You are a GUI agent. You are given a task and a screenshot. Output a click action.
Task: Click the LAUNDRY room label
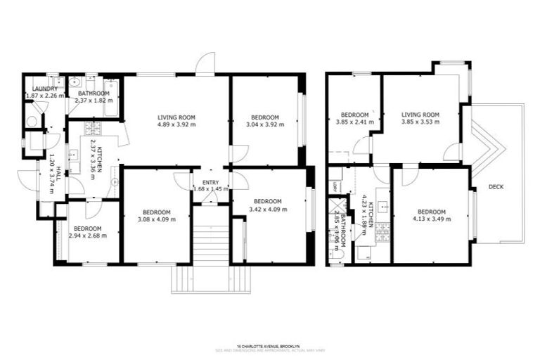[x=40, y=89]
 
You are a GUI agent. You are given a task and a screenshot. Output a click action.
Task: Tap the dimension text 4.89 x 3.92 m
[x=176, y=125]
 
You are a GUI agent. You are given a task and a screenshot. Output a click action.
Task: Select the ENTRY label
[x=211, y=183]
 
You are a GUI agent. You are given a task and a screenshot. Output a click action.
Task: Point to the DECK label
[x=496, y=186]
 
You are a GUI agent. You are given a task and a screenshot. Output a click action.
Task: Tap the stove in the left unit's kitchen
[x=92, y=129]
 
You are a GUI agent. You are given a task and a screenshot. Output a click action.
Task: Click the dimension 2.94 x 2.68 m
[x=88, y=236]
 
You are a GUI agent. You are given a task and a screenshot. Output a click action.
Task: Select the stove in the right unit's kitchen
[x=383, y=231]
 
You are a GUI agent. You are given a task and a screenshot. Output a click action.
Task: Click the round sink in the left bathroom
[x=75, y=81]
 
